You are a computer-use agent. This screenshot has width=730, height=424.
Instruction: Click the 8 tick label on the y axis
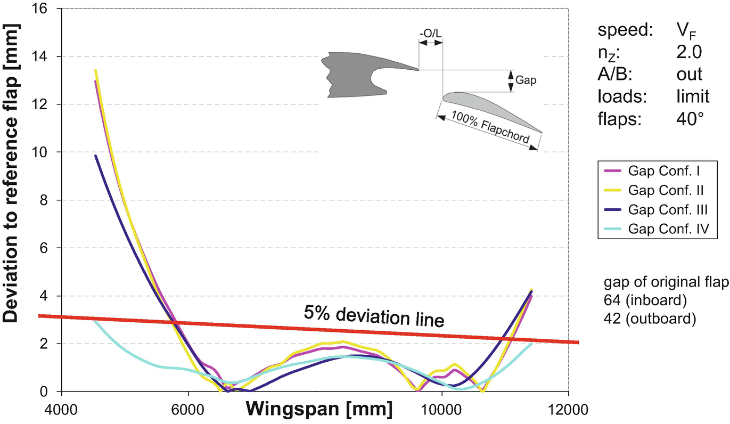click(46, 200)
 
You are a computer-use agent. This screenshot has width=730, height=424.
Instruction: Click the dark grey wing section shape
click(351, 75)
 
